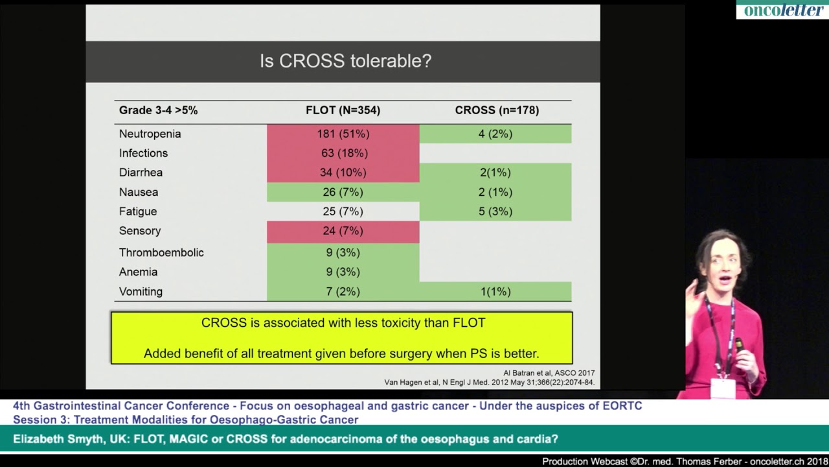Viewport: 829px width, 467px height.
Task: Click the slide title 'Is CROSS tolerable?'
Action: click(x=345, y=61)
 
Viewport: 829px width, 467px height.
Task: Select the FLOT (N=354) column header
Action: click(x=343, y=110)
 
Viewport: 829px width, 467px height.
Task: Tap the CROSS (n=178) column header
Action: click(x=496, y=110)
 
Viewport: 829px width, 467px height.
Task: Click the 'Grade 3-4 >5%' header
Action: click(x=158, y=110)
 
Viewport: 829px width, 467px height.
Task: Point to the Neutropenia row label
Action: click(x=150, y=134)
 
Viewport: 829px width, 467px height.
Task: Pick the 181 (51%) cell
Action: click(x=343, y=134)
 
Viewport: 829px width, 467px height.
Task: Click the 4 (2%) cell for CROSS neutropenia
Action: click(x=495, y=134)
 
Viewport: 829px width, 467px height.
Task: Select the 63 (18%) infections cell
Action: click(x=343, y=153)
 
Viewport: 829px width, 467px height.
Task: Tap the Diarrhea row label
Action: click(x=141, y=173)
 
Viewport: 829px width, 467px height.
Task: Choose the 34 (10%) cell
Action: click(x=343, y=173)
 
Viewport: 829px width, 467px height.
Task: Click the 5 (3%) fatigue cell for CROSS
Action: click(x=495, y=211)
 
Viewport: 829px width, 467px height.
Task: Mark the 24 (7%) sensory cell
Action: click(x=343, y=231)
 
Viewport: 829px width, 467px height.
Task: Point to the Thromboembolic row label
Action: click(x=161, y=252)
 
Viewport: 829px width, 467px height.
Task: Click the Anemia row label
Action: click(x=138, y=272)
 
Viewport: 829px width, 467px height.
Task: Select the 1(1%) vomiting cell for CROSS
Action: click(x=495, y=292)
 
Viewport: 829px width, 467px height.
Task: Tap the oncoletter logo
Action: click(x=782, y=10)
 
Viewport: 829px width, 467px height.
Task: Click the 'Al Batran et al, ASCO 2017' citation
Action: click(x=549, y=373)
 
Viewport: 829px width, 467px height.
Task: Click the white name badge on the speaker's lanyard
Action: click(x=722, y=387)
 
